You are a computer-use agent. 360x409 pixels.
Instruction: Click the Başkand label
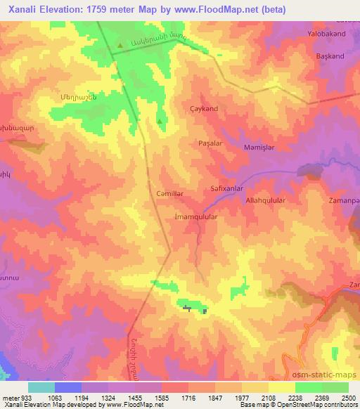(x=330, y=56)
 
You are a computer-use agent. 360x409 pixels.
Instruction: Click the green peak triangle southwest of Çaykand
(x=160, y=122)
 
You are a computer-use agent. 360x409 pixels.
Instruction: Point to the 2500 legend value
(x=348, y=397)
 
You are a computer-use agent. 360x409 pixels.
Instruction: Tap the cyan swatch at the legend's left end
(x=41, y=387)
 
